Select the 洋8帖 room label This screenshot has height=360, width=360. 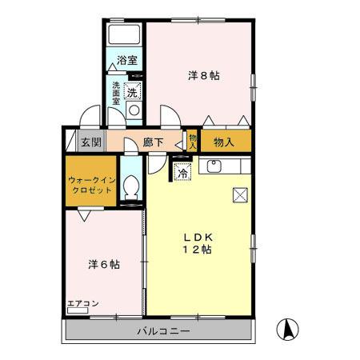pos(204,75)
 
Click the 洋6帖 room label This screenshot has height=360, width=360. pos(103,263)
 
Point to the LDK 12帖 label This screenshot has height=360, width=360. pos(195,242)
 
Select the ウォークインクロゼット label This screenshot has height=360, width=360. pos(90,186)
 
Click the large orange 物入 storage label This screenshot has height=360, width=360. pos(224,142)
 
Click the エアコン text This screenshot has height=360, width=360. pos(82,304)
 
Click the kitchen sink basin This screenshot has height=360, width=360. pos(214,167)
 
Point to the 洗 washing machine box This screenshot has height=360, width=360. pos(134,90)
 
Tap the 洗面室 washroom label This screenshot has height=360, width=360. pos(117,94)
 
